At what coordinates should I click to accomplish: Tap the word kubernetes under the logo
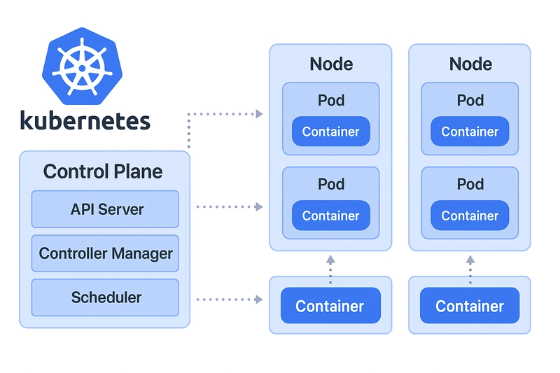(x=85, y=120)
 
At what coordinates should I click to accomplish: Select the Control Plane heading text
(x=103, y=171)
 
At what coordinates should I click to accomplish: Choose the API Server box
(x=105, y=209)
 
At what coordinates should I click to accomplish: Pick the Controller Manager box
(x=105, y=253)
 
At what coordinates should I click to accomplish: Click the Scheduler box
(x=105, y=297)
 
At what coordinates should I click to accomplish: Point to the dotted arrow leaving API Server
(x=229, y=206)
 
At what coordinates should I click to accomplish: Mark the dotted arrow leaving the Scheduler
(x=229, y=300)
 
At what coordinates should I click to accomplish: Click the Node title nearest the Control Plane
(x=330, y=64)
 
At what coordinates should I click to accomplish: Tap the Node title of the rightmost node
(x=470, y=64)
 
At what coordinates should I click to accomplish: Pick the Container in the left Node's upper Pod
(x=330, y=132)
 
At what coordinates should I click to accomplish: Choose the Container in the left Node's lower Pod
(x=330, y=216)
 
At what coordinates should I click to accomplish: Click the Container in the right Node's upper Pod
(x=470, y=132)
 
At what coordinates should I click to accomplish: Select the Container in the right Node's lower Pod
(x=470, y=216)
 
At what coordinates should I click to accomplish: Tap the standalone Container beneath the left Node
(x=330, y=307)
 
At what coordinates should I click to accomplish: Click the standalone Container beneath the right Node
(x=470, y=307)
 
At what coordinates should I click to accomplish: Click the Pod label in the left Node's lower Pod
(x=331, y=185)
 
